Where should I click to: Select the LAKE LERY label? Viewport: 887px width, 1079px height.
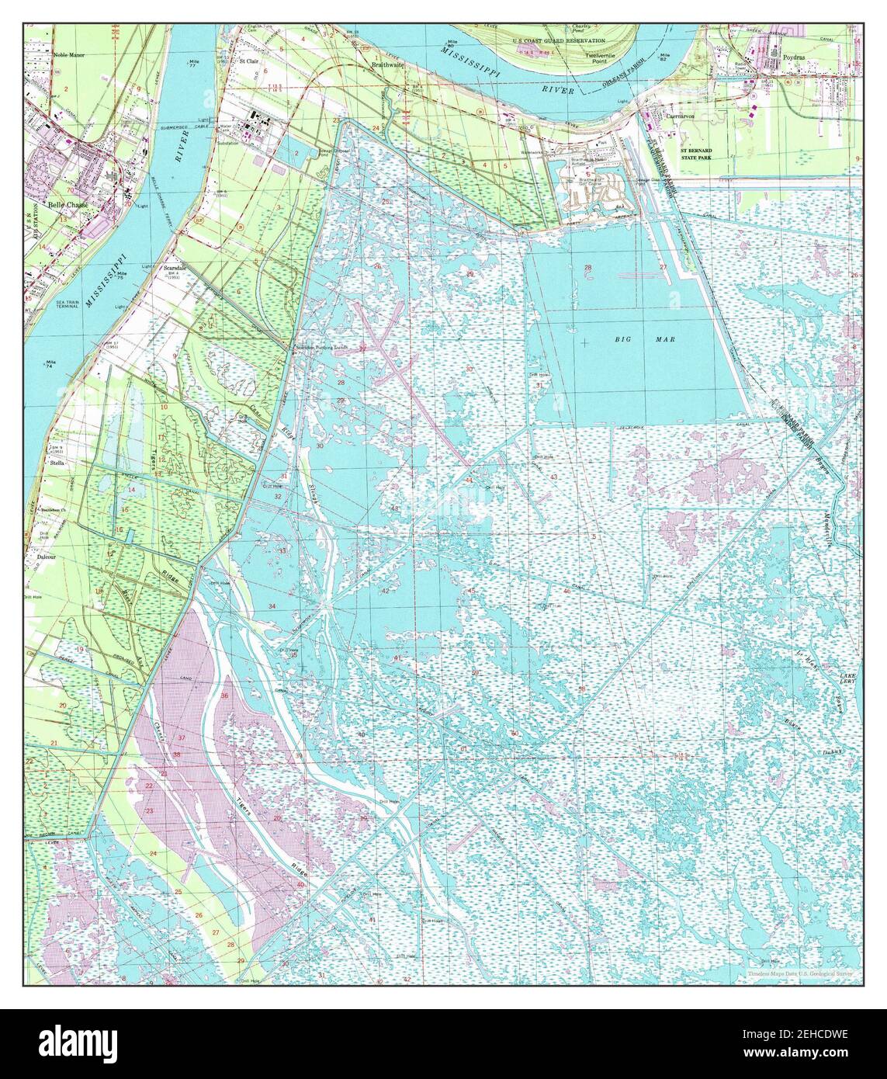847,680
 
